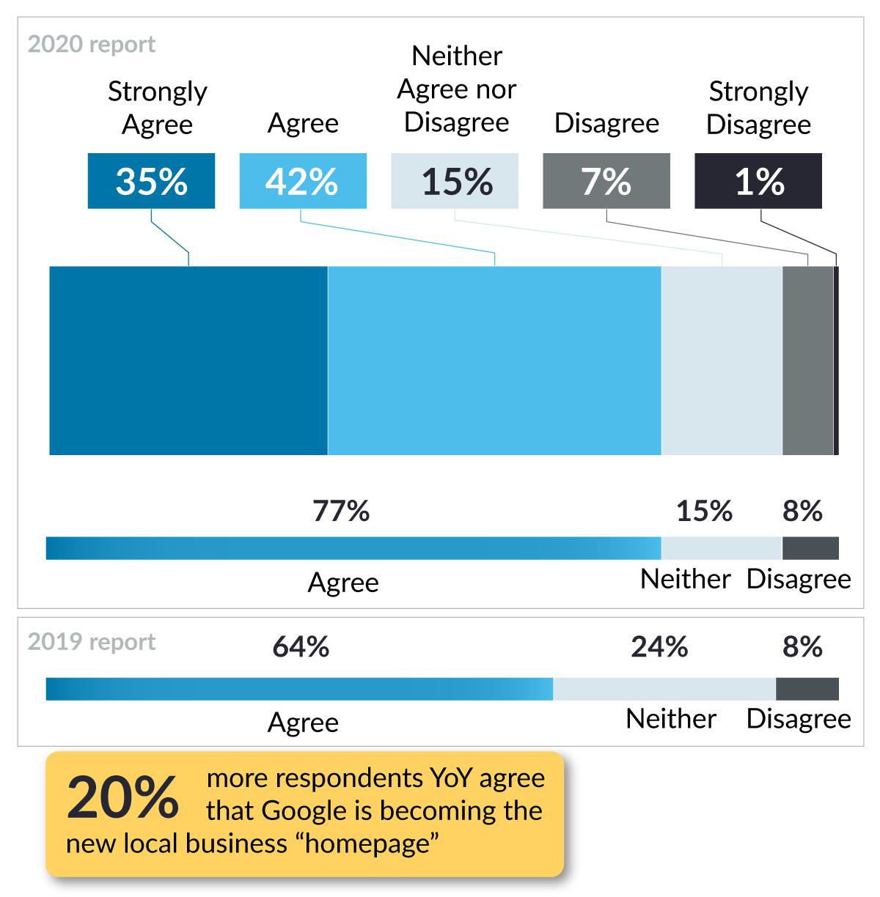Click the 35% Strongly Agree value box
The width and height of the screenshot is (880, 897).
tap(151, 181)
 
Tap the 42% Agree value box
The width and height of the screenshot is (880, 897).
tap(303, 181)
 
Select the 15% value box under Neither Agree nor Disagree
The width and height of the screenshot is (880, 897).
tap(455, 181)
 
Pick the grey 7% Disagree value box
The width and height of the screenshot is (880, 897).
tap(606, 181)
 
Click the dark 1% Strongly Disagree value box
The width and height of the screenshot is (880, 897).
tap(758, 181)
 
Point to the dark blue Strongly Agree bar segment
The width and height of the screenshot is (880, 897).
tap(188, 361)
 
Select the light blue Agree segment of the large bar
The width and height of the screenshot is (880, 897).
tap(494, 361)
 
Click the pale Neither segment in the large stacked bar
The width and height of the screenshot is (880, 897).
tap(722, 361)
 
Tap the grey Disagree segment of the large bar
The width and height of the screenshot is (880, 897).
tap(807, 361)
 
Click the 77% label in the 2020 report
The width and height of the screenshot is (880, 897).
tap(341, 511)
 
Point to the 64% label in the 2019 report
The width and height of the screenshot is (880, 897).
tap(301, 647)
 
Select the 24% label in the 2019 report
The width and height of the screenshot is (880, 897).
tap(659, 647)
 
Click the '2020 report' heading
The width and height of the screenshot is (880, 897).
tap(92, 45)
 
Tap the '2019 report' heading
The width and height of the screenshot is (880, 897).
tap(92, 642)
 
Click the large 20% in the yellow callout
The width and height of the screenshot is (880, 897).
tap(122, 797)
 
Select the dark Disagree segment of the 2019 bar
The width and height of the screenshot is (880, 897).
tap(807, 689)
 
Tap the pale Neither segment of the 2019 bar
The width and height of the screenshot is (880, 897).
tap(664, 689)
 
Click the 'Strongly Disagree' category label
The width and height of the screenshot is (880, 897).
tap(758, 108)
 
